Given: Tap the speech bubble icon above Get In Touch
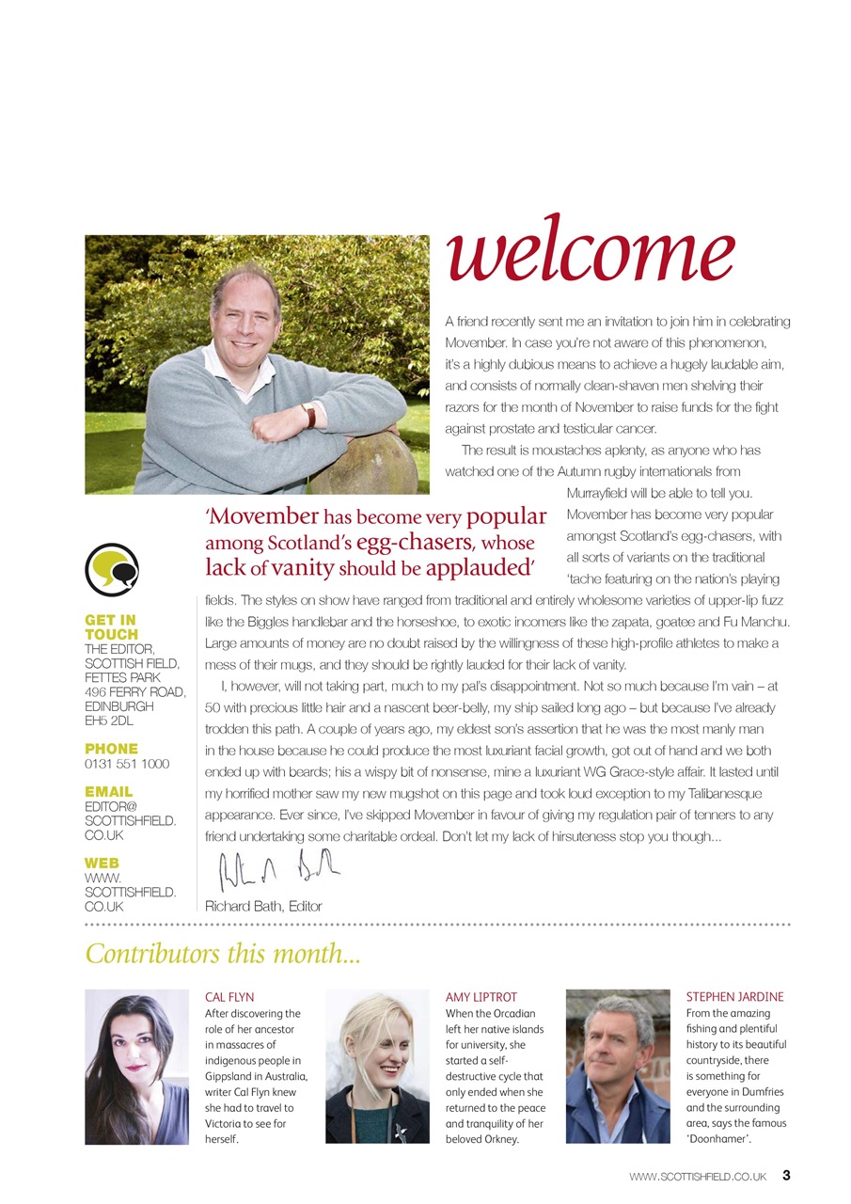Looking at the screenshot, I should tap(112, 569).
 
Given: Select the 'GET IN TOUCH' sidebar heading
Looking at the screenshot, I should tap(111, 627).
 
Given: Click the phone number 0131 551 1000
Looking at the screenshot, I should tap(127, 764).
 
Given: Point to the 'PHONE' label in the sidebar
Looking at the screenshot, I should tap(111, 749).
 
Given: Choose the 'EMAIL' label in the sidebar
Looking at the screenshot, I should tap(109, 792).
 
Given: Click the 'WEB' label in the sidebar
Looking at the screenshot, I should tap(102, 863).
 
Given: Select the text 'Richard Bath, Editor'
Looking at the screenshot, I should tap(263, 907).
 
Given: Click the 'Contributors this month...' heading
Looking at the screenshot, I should tap(223, 954).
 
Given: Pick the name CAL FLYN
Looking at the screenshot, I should tap(229, 997).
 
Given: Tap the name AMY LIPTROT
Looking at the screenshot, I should tap(481, 997).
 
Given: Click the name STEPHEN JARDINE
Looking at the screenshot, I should tap(734, 997).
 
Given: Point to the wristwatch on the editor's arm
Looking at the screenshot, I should tap(308, 415).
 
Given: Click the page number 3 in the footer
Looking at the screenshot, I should tap(786, 1175).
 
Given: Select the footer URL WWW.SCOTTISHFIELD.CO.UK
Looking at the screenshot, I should tap(699, 1176).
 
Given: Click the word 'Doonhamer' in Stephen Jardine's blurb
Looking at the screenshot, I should tap(723, 1139).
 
